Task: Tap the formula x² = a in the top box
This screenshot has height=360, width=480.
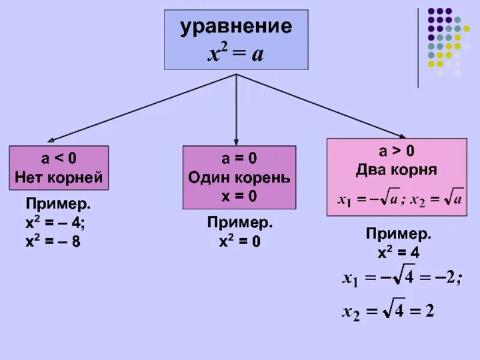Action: click(x=236, y=54)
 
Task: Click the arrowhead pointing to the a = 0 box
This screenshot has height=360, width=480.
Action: click(x=236, y=139)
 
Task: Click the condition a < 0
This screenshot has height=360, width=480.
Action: click(x=58, y=159)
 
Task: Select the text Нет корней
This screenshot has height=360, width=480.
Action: click(x=58, y=177)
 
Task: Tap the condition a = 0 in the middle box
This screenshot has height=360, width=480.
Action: click(x=239, y=159)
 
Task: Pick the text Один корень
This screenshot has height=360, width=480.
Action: click(x=239, y=177)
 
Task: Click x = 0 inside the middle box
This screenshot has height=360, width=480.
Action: click(x=239, y=196)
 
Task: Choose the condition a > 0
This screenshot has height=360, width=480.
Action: click(x=396, y=151)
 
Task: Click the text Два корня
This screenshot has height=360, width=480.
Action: click(x=396, y=169)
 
